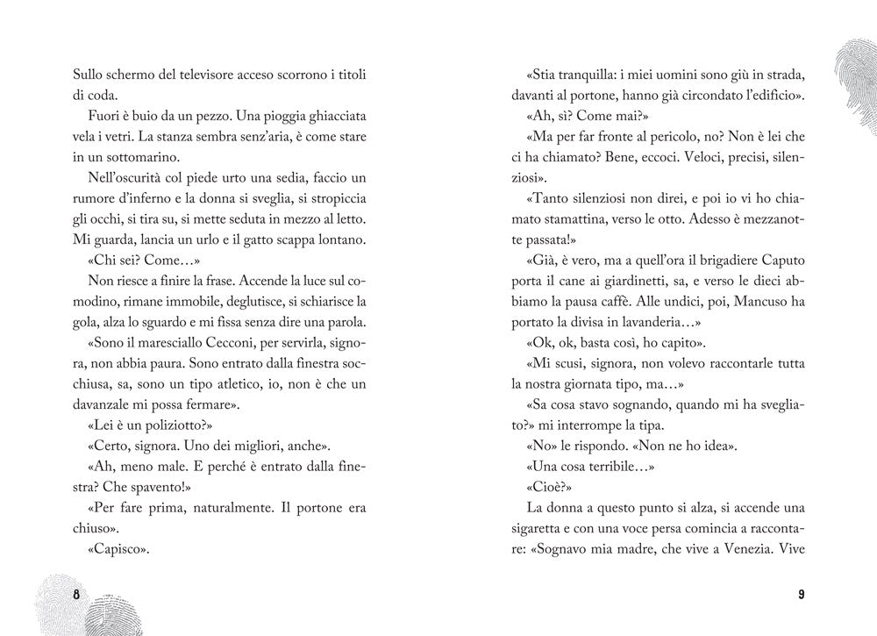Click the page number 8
[76, 594]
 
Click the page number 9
[801, 594]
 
